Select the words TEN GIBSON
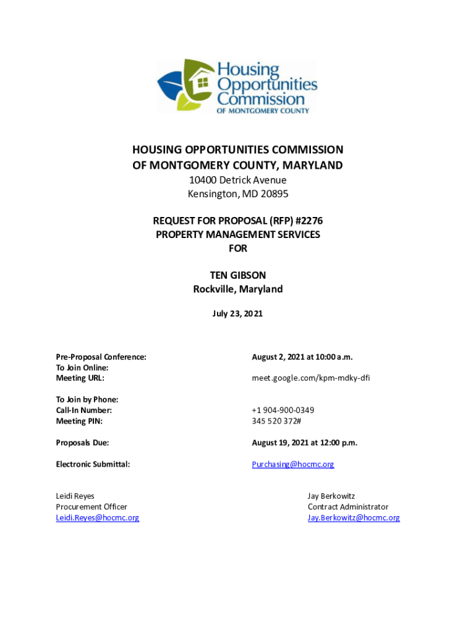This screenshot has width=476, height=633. [x=238, y=275]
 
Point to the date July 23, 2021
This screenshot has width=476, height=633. [x=238, y=313]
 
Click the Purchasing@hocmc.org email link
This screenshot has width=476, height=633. [x=293, y=464]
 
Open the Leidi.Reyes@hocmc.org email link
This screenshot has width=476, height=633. [x=98, y=518]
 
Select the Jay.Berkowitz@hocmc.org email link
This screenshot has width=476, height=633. [x=354, y=518]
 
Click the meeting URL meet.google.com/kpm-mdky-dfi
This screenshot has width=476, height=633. [x=311, y=378]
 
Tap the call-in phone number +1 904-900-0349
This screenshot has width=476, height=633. [x=283, y=410]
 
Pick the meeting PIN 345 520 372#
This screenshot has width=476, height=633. [x=276, y=421]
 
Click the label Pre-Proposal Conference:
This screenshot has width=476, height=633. [x=101, y=357]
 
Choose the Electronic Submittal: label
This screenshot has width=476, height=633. [x=93, y=464]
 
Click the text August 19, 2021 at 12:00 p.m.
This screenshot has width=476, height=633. [x=305, y=443]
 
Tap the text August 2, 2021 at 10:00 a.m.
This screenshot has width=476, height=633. [x=302, y=357]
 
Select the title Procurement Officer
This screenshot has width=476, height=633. [x=91, y=507]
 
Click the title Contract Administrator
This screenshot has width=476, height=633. [x=348, y=507]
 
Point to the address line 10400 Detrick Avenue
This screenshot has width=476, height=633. [x=238, y=180]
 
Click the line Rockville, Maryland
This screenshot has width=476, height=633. [x=238, y=289]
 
